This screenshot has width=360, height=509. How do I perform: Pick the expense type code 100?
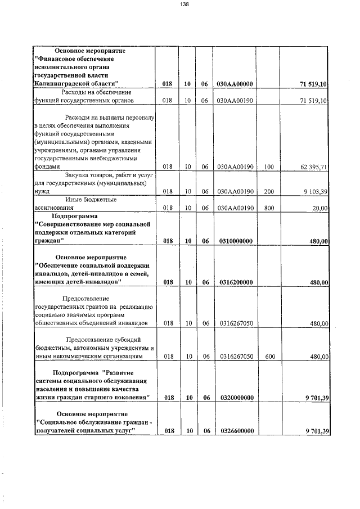[268, 167]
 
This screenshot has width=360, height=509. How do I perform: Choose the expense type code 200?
[268, 191]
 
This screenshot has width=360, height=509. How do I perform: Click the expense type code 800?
[268, 208]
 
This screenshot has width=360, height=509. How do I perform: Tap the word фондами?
[47, 167]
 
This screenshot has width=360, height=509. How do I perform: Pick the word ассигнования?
[54, 208]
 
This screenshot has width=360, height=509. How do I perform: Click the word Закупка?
[69, 175]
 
